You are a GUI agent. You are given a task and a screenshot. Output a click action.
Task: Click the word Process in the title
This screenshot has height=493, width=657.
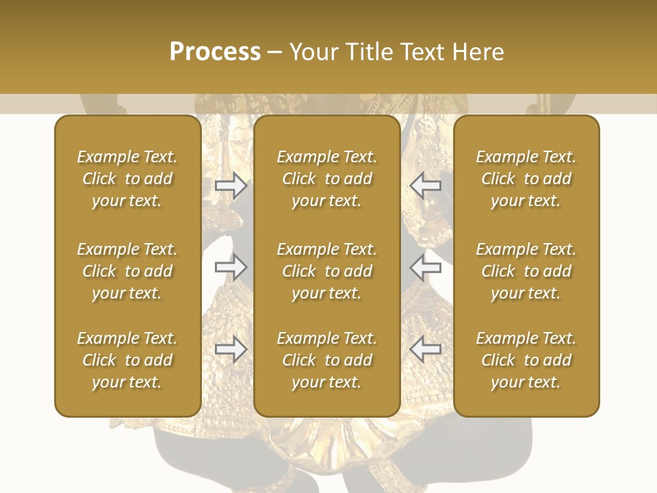(x=215, y=51)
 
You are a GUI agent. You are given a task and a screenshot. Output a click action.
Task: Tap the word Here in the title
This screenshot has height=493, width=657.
(x=478, y=51)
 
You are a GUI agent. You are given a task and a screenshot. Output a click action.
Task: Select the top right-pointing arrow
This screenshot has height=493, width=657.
(x=231, y=185)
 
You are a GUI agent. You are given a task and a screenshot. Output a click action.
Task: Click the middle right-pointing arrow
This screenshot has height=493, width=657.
(x=231, y=267)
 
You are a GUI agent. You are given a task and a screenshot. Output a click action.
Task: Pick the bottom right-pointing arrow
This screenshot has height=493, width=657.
(x=231, y=349)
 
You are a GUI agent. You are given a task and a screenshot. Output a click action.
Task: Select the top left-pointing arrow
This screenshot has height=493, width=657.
(x=426, y=185)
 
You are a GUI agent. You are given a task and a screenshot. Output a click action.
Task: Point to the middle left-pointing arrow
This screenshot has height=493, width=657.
(x=426, y=267)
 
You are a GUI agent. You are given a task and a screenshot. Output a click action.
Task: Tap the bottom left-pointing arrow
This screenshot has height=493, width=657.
(x=426, y=349)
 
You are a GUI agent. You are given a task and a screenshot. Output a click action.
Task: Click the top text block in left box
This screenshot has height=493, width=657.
(x=127, y=179)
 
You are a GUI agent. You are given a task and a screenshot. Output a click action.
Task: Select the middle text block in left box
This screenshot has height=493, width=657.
(x=127, y=271)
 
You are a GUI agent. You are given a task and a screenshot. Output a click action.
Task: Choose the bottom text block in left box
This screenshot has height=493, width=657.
(x=127, y=360)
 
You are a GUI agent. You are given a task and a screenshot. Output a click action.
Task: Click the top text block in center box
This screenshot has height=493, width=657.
(x=327, y=179)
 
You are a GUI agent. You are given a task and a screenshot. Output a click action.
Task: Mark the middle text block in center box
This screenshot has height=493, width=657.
(x=327, y=271)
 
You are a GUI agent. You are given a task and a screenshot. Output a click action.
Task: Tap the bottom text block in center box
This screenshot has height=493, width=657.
(x=327, y=360)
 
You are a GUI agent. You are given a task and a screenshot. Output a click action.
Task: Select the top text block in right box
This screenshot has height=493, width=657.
(x=526, y=179)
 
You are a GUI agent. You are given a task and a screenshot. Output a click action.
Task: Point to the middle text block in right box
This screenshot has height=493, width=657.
(x=526, y=271)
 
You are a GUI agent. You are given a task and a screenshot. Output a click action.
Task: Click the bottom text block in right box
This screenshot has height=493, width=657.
(x=526, y=360)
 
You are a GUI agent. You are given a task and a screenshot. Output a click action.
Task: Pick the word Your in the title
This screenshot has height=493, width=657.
(x=314, y=51)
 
